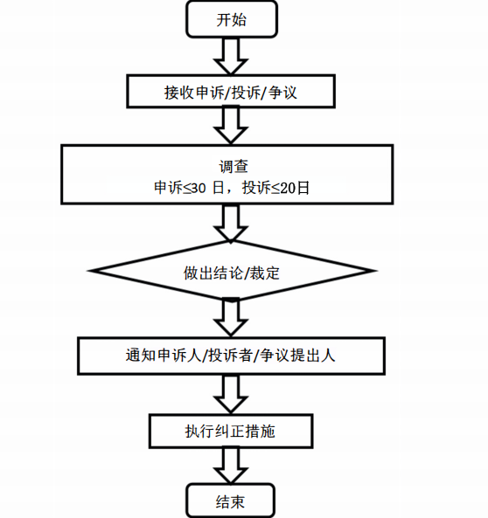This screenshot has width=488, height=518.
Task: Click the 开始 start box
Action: pyautogui.click(x=232, y=19)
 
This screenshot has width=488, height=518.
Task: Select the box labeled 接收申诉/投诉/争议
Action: pyautogui.click(x=231, y=92)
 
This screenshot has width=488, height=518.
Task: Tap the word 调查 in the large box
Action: pyautogui.click(x=234, y=166)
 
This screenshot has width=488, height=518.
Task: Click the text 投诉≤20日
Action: pyautogui.click(x=275, y=188)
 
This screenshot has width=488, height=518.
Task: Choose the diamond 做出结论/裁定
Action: pyautogui.click(x=232, y=271)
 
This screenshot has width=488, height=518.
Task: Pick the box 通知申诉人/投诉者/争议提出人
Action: pyautogui.click(x=231, y=356)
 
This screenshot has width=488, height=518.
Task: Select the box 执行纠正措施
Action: pyautogui.click(x=231, y=432)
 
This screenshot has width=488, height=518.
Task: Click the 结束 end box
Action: pyautogui.click(x=231, y=501)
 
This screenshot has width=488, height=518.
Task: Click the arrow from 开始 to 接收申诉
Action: pyautogui.click(x=231, y=56)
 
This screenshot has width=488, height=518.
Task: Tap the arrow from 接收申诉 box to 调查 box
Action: pyautogui.click(x=231, y=126)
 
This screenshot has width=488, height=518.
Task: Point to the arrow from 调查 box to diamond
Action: pyautogui.click(x=231, y=223)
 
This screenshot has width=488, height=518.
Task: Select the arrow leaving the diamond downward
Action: pyautogui.click(x=231, y=318)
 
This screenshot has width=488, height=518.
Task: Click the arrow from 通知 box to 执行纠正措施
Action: pyautogui.click(x=231, y=394)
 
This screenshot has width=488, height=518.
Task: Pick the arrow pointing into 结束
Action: pyautogui.click(x=231, y=466)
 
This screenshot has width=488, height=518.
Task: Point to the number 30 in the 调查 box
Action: pyautogui.click(x=199, y=188)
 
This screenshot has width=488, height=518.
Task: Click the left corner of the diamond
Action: pyautogui.click(x=88, y=271)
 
